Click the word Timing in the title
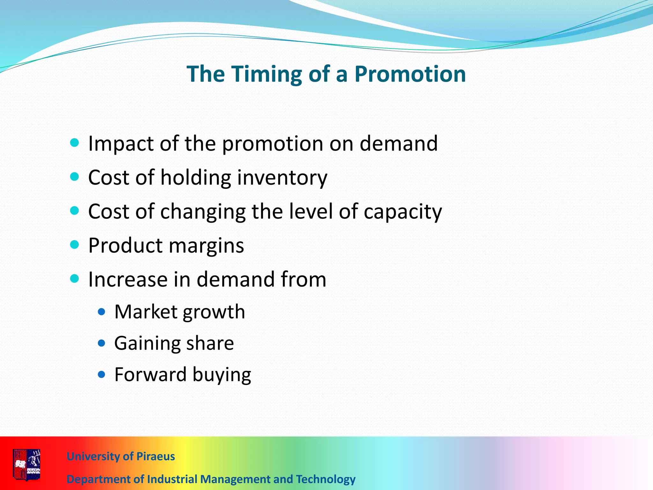266,74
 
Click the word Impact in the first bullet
121,144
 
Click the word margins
206,246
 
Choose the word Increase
128,279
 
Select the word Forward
150,375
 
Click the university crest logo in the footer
26,464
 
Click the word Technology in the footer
326,479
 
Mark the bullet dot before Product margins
74,245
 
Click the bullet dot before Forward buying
101,374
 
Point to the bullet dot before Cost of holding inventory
74,176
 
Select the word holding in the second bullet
195,177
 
